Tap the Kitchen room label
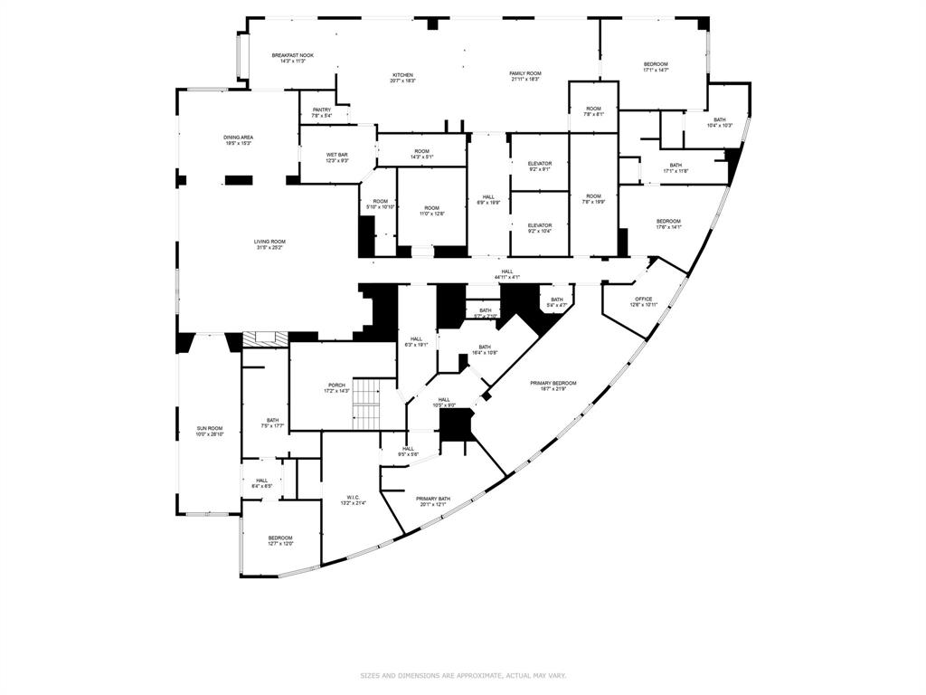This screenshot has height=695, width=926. [402, 77]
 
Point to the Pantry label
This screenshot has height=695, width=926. [322, 112]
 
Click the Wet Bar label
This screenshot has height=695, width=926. [337, 157]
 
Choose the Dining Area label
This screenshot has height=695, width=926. [239, 140]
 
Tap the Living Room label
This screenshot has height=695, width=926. [269, 244]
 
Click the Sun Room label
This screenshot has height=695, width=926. [210, 431]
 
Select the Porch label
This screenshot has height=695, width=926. [335, 388]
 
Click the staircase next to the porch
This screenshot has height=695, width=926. [366, 405]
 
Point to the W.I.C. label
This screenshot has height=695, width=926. [354, 499]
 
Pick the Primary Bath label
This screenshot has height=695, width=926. [433, 501]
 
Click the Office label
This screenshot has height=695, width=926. [643, 302]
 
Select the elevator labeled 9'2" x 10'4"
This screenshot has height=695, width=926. [540, 228]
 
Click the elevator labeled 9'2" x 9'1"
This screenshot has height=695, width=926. [540, 167]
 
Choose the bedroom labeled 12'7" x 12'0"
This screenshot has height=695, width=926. [280, 540]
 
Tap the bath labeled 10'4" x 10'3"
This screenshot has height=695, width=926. [720, 122]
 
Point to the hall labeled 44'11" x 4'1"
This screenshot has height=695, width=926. [506, 273]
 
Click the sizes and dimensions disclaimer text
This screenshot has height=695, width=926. [462, 675]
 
